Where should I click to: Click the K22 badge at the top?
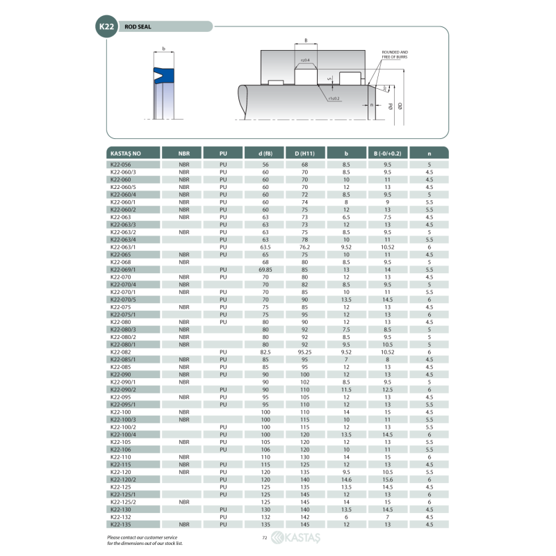pyautogui.click(x=106, y=26)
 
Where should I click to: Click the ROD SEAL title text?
pyautogui.click(x=139, y=27)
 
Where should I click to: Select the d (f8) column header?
pyautogui.click(x=265, y=153)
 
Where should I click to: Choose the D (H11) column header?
pyautogui.click(x=304, y=153)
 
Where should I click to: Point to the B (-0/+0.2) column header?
pyautogui.click(x=387, y=153)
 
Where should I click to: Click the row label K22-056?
pyautogui.click(x=121, y=164)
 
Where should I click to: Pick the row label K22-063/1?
pyautogui.click(x=124, y=247)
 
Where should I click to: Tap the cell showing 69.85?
pyautogui.click(x=265, y=270)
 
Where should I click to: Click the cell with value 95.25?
pyautogui.click(x=304, y=352)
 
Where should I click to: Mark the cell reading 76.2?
pyautogui.click(x=304, y=247)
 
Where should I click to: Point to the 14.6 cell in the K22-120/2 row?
pyautogui.click(x=346, y=479)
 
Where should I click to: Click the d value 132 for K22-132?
pyautogui.click(x=265, y=516)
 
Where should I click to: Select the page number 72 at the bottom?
pyautogui.click(x=265, y=538)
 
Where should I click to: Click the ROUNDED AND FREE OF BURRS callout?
pyautogui.click(x=395, y=54)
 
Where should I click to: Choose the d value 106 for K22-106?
pyautogui.click(x=265, y=449)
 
